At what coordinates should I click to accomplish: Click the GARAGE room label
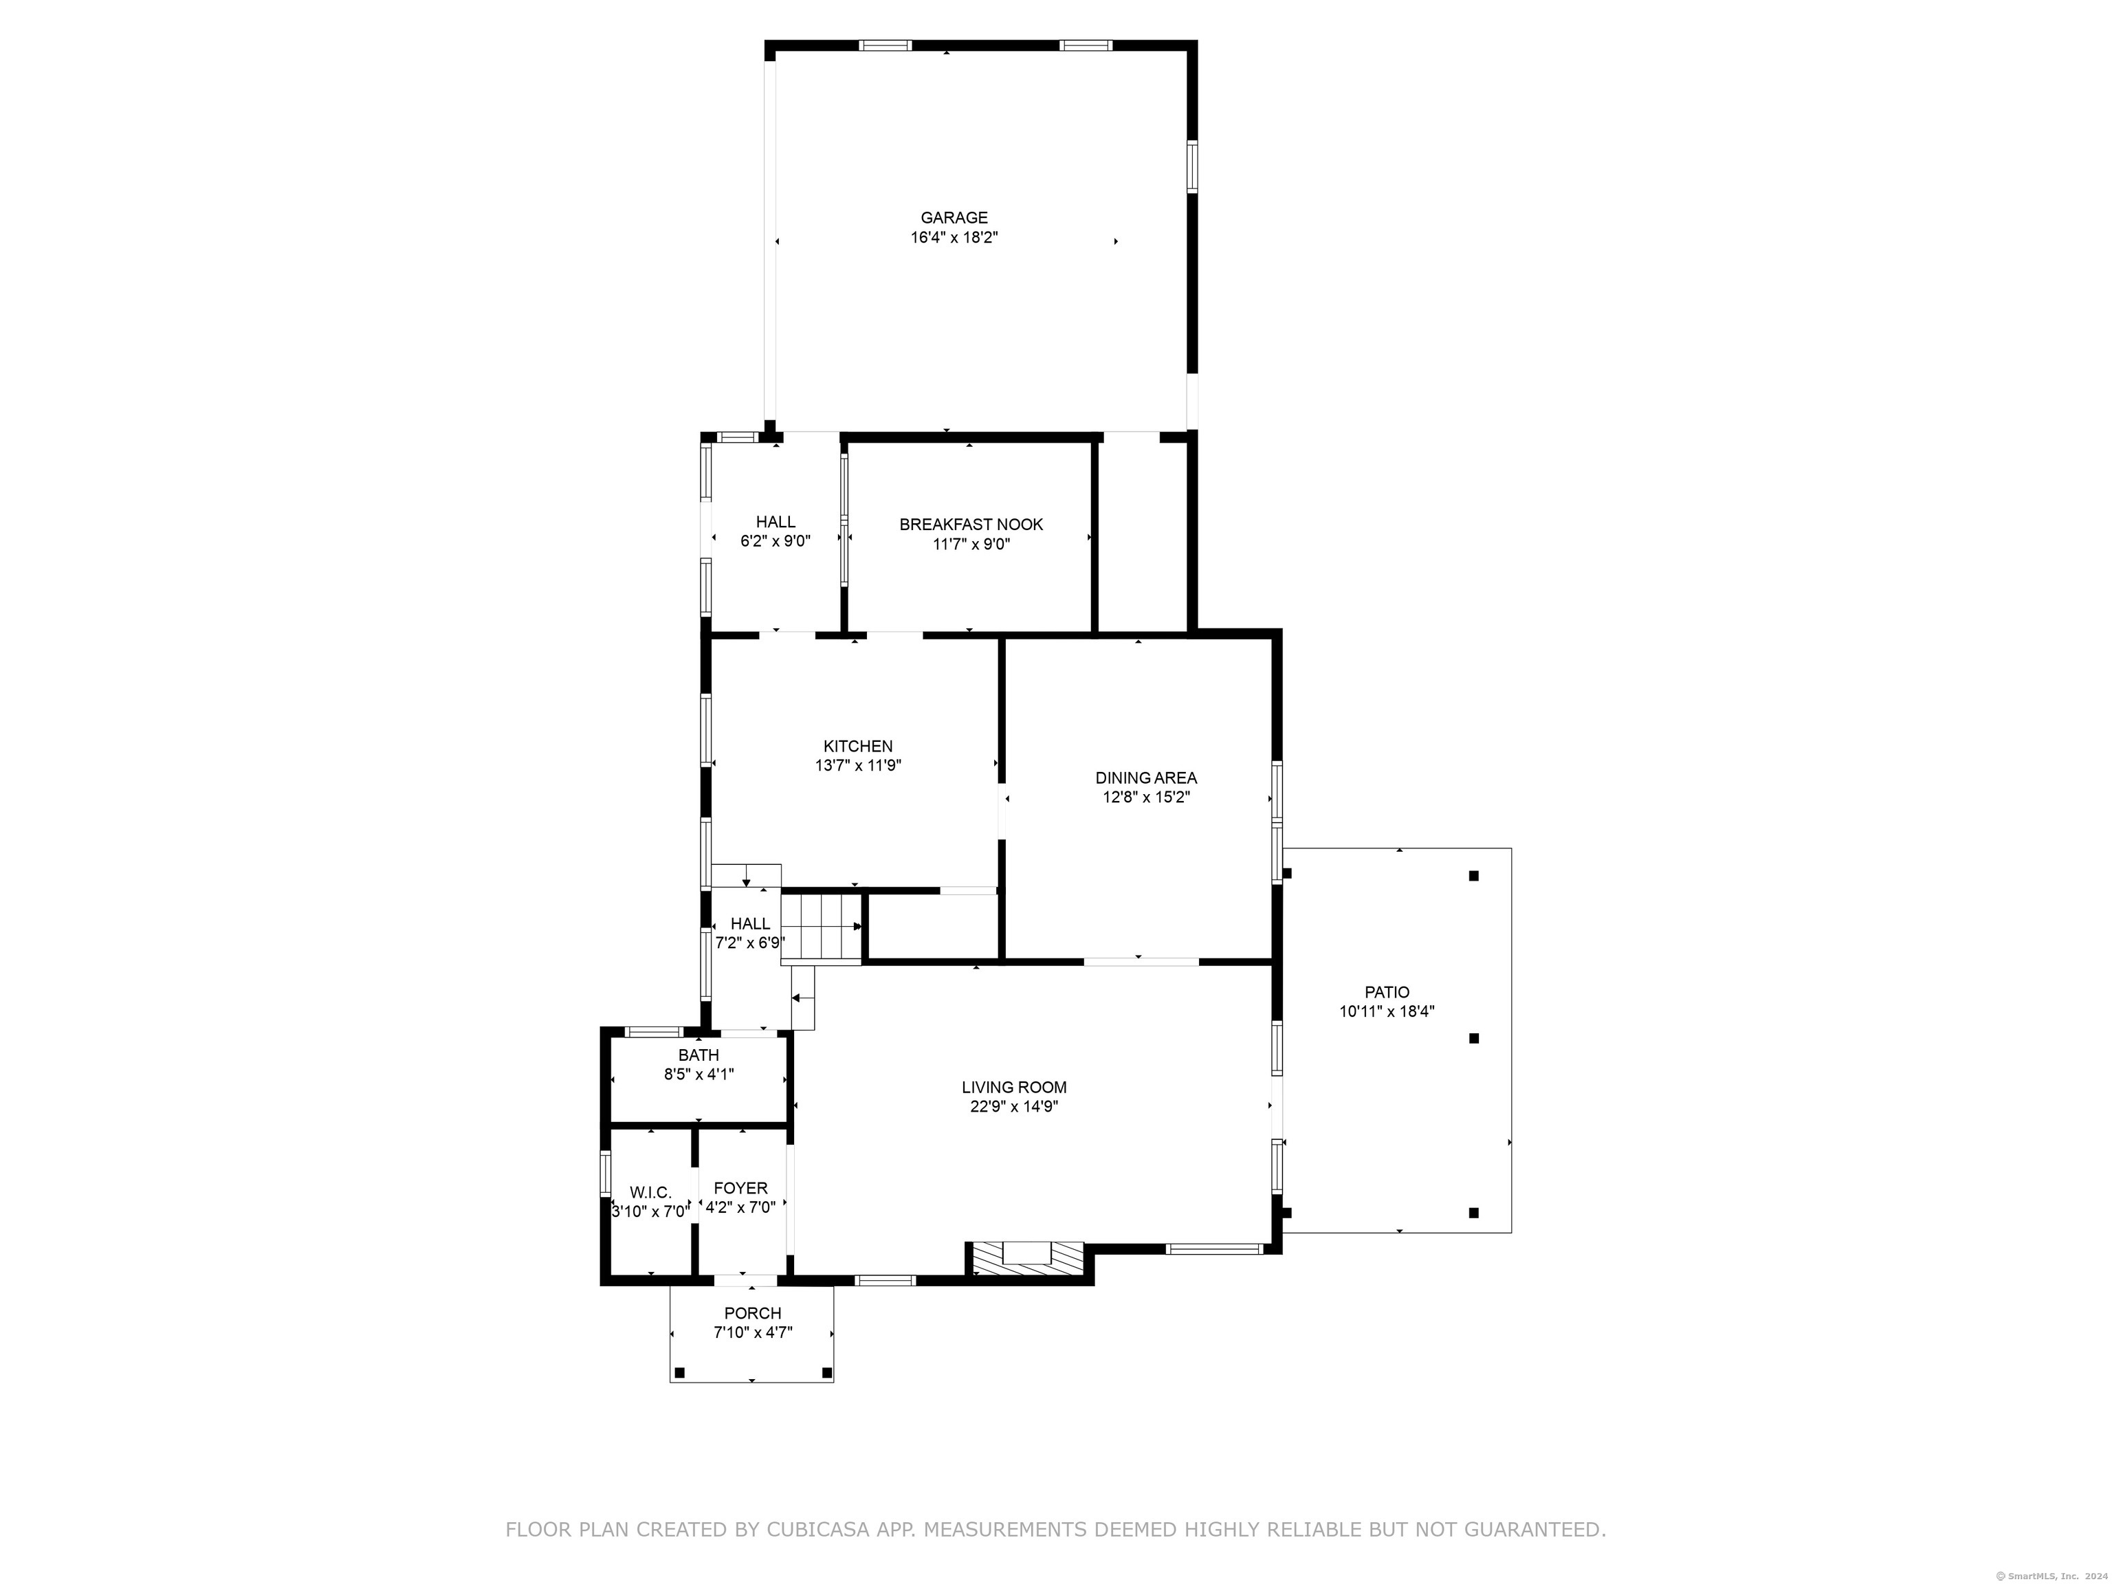(x=954, y=218)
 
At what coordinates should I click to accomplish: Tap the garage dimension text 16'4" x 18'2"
(x=954, y=238)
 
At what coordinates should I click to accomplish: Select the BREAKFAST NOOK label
(x=971, y=524)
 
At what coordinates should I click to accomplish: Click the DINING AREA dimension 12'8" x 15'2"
(x=1146, y=797)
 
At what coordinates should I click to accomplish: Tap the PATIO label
(x=1387, y=992)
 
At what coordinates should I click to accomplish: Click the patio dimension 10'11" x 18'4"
(x=1387, y=1011)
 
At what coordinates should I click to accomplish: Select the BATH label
(x=699, y=1055)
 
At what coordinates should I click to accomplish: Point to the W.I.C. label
(x=650, y=1193)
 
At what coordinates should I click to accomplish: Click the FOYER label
(x=741, y=1188)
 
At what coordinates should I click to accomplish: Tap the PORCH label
(x=752, y=1313)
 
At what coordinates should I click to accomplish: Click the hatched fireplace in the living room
(x=1027, y=1257)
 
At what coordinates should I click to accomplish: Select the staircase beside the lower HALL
(x=821, y=926)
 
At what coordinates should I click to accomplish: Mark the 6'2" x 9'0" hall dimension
(x=775, y=540)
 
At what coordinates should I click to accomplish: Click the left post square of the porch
(x=680, y=1373)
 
